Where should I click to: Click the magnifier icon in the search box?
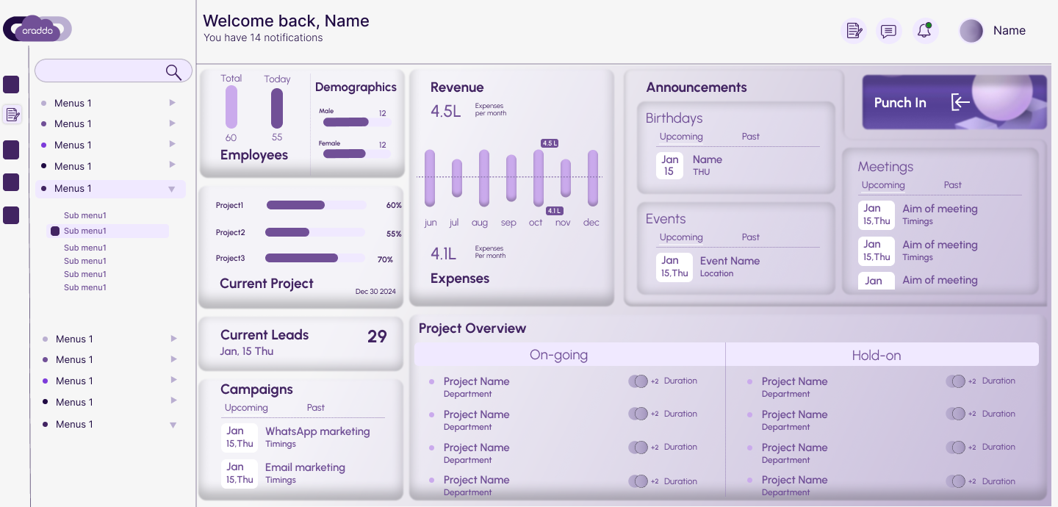[173, 71]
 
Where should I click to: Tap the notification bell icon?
[925, 31]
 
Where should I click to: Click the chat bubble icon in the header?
[888, 31]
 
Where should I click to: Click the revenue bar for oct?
[539, 178]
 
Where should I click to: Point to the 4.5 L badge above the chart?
[550, 143]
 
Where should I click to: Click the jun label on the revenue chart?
[431, 223]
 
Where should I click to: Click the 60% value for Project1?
[394, 206]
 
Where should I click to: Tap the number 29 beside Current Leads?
[377, 337]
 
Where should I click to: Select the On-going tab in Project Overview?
[558, 355]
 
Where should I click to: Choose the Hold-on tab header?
[876, 355]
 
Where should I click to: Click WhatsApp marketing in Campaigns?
[317, 431]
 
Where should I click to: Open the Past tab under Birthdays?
[750, 137]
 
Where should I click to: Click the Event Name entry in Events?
[730, 261]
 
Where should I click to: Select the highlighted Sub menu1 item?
[85, 231]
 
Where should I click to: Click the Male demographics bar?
[346, 122]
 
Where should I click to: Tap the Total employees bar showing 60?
[231, 107]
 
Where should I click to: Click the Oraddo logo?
[37, 29]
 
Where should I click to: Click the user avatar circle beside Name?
[971, 31]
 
